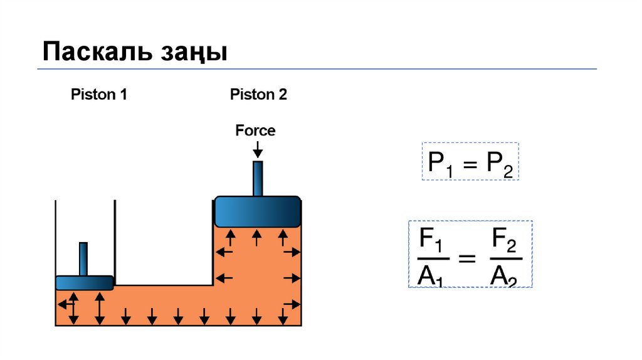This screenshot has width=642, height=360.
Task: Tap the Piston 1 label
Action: pos(99,95)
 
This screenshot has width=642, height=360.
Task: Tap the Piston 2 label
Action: pos(258,95)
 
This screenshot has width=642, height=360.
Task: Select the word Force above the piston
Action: pos(255,130)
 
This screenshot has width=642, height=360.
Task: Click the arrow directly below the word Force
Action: pos(257,149)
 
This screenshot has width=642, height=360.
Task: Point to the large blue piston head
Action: pos(257,211)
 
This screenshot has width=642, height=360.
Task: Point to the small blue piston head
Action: pos(84,283)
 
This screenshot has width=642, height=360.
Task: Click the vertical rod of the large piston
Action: pos(257,178)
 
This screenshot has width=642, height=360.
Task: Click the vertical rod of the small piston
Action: pos(83,258)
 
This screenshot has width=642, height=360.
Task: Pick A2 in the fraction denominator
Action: pos(504,274)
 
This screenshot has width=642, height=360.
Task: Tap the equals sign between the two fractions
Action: pos(468,258)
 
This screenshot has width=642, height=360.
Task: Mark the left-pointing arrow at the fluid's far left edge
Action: pos(63,304)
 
